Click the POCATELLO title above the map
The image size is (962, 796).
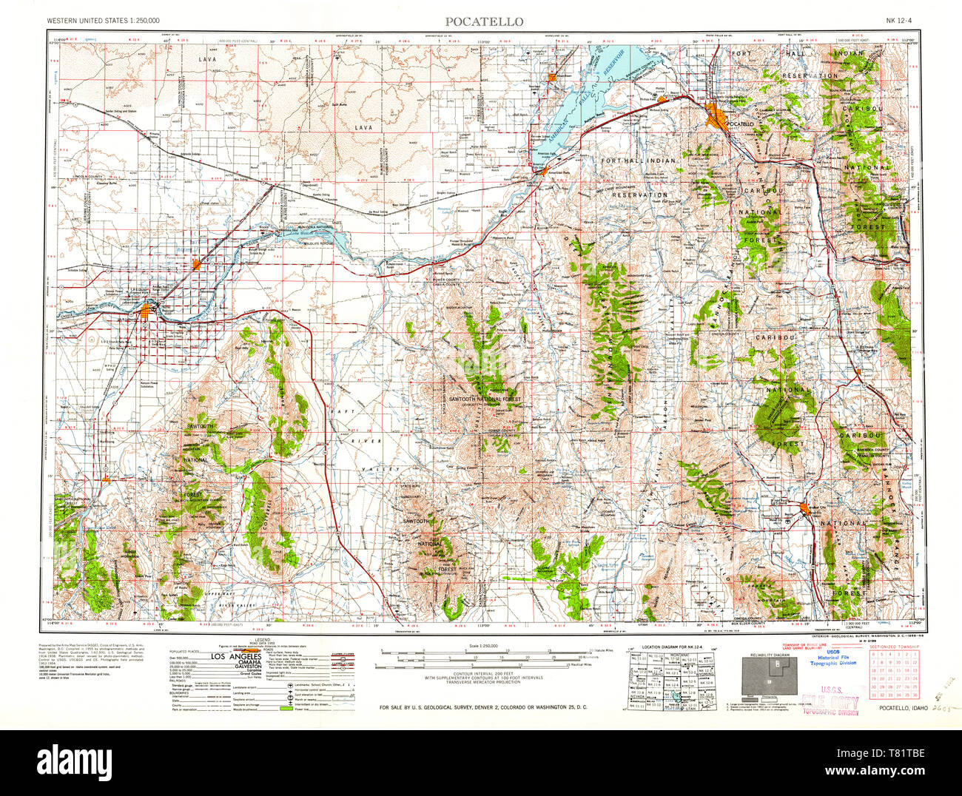coord(483,21)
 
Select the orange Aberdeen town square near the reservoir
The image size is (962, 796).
coord(552,76)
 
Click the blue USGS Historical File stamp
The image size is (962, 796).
coord(832,658)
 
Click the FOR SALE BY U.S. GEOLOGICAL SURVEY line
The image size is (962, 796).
coord(482,708)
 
